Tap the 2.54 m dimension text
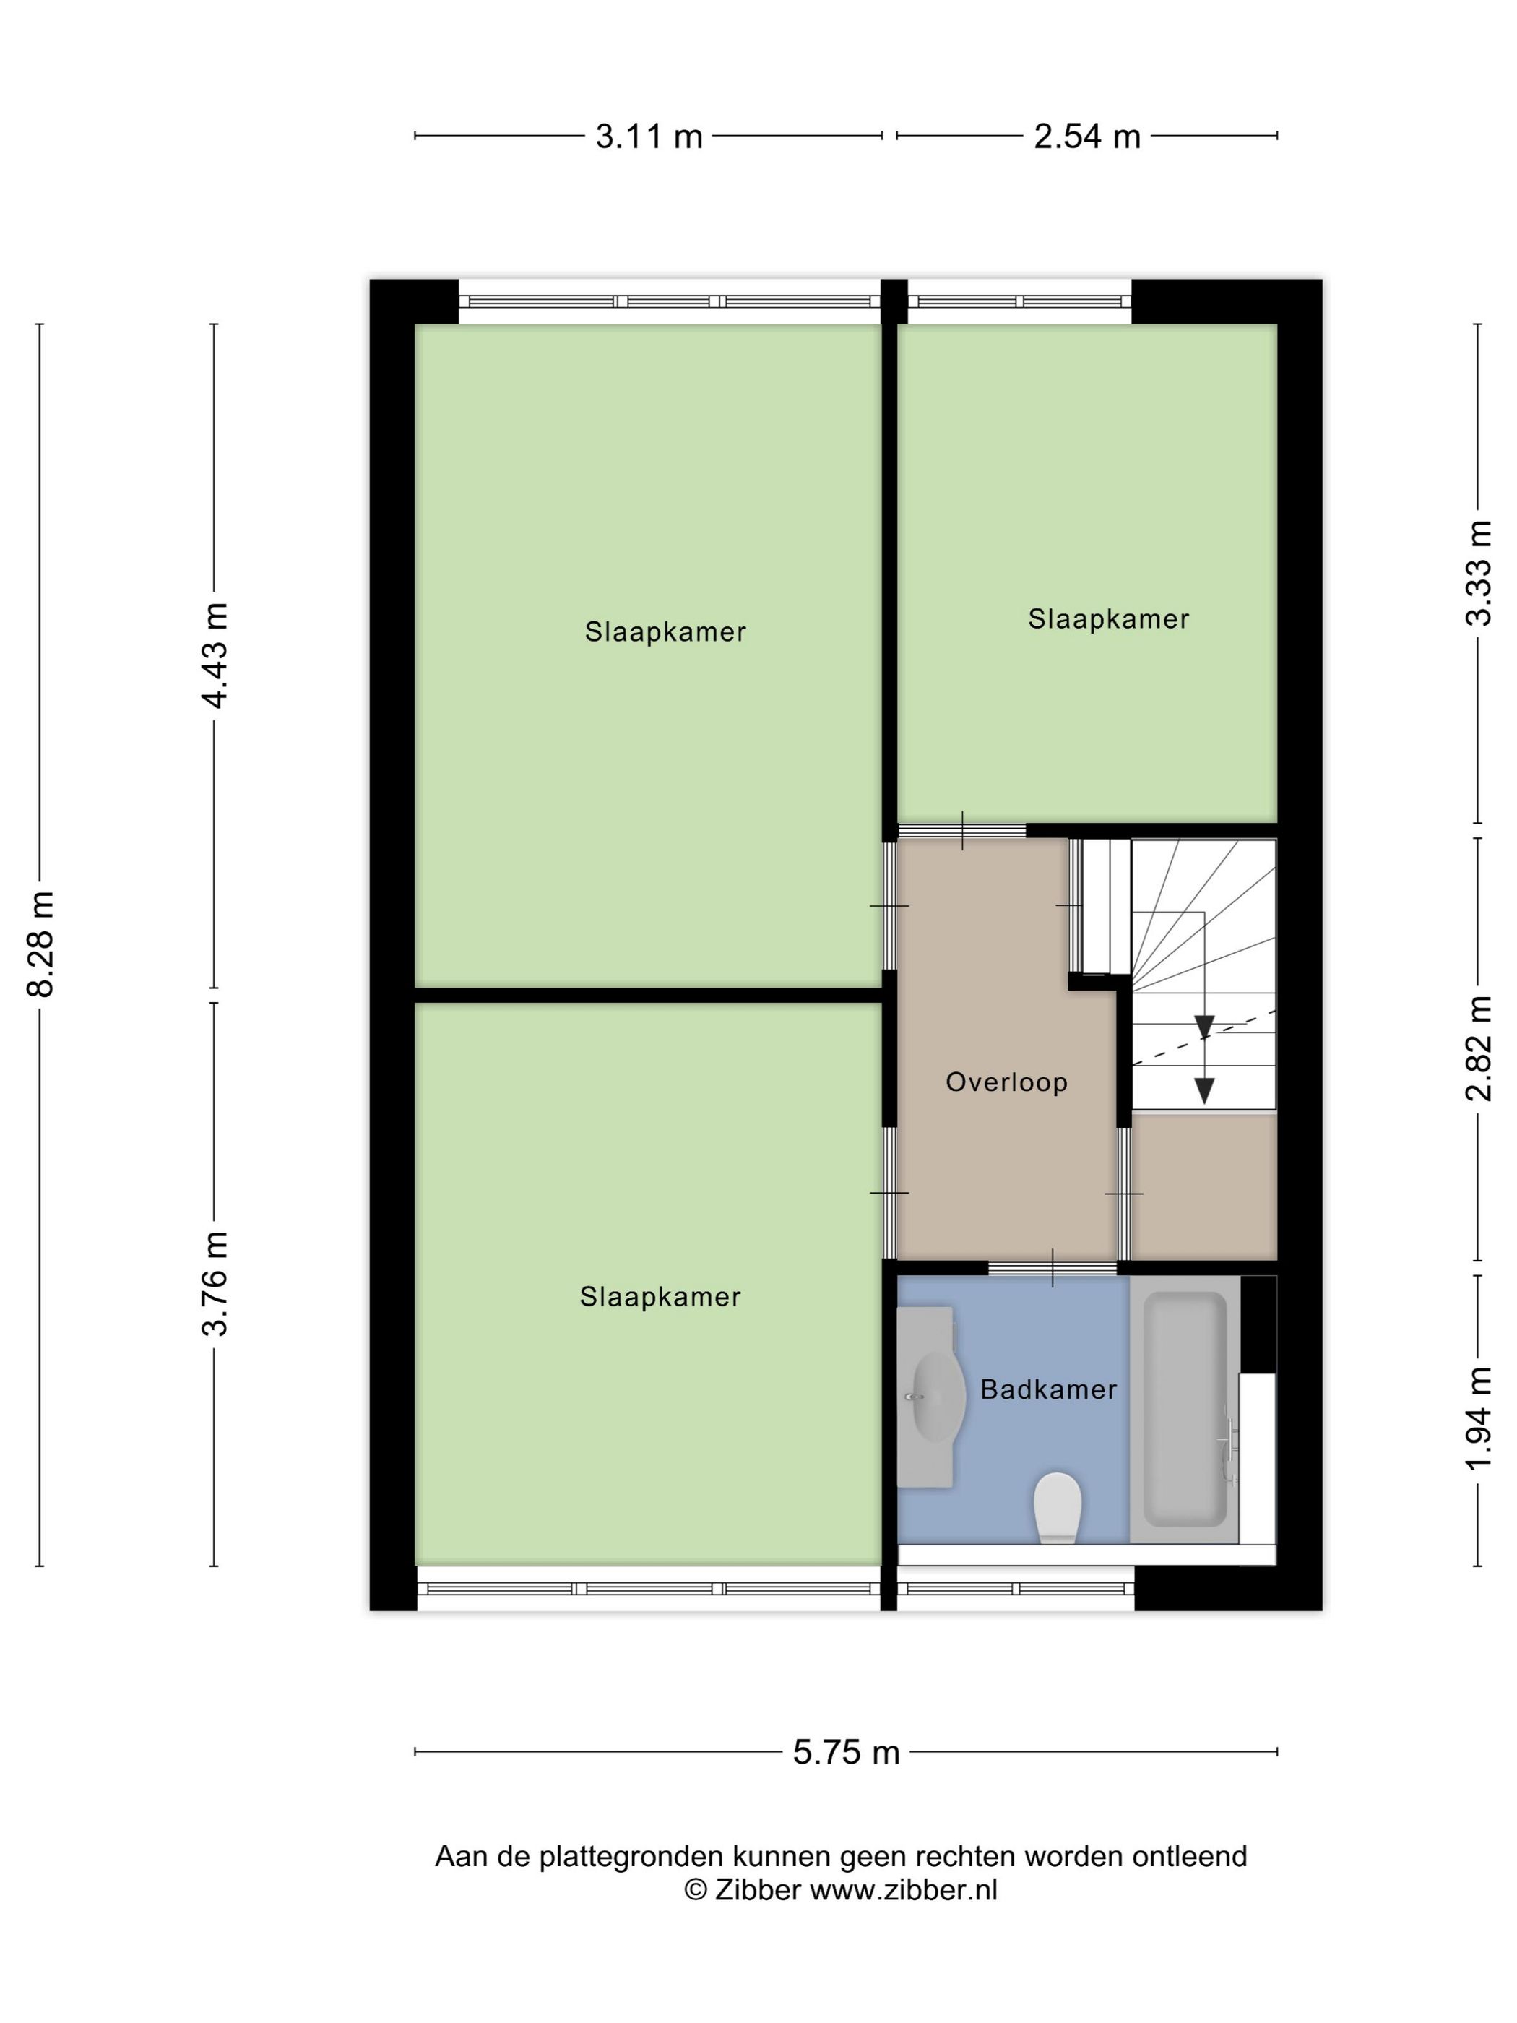(x=1086, y=137)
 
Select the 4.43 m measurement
(x=216, y=656)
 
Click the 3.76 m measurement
(x=216, y=1283)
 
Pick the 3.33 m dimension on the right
(x=1479, y=572)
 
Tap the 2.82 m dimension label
(x=1479, y=1048)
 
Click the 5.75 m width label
(x=846, y=1752)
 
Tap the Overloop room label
(x=1006, y=1083)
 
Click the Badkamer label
(x=1048, y=1390)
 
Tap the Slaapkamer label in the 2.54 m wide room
(x=1108, y=619)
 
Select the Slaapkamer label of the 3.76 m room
(x=660, y=1297)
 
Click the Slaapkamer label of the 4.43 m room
(x=666, y=632)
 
